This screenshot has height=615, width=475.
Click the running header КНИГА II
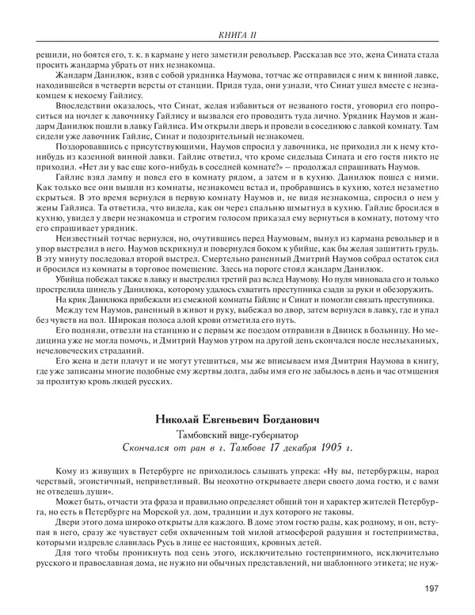coord(237,34)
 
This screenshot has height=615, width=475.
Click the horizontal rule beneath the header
coord(237,41)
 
